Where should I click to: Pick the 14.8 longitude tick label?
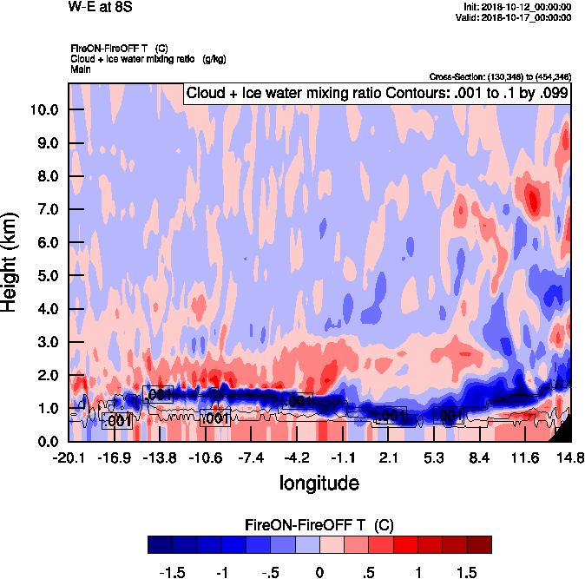[x=569, y=458]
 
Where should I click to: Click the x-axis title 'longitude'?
[x=319, y=482]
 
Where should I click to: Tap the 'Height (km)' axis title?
[x=11, y=262]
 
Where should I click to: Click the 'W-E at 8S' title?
[x=102, y=8]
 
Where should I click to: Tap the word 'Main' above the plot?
[x=82, y=69]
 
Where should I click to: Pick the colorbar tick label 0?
[x=319, y=572]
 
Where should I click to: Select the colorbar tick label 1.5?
[x=466, y=572]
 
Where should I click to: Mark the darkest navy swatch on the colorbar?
[x=161, y=544]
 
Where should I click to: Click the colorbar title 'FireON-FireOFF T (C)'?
[x=320, y=525]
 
